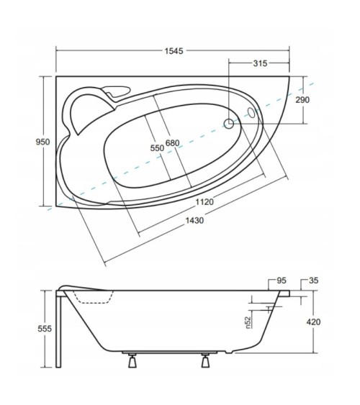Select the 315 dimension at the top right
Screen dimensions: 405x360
261,63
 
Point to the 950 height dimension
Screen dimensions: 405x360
42,142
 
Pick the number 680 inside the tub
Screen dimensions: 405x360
173,142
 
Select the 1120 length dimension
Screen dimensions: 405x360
204,203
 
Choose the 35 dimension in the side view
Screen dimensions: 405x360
315,280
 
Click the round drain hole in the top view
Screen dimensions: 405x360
229,124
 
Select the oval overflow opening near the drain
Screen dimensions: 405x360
251,113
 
